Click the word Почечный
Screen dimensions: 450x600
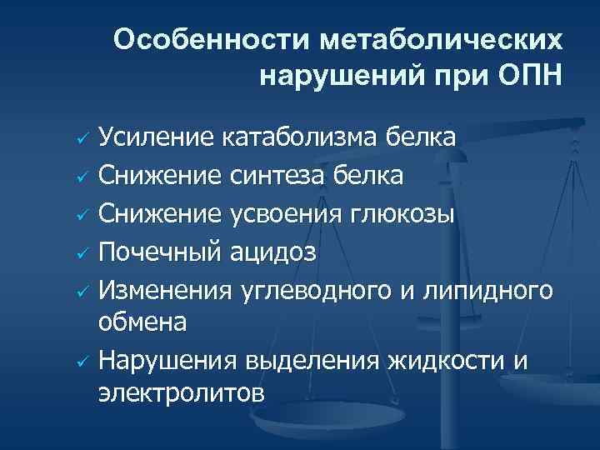pyautogui.click(x=160, y=252)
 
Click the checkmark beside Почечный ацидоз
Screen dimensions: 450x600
pyautogui.click(x=82, y=253)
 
